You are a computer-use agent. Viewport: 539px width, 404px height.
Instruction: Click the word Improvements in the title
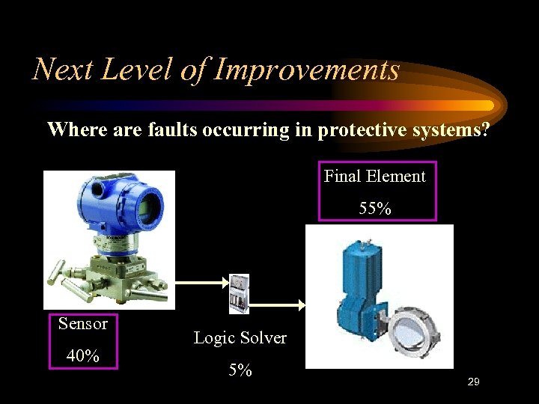[x=307, y=70]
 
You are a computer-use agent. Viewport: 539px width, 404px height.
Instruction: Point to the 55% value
[x=374, y=209]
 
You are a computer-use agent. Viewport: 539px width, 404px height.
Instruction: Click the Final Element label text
[x=374, y=177]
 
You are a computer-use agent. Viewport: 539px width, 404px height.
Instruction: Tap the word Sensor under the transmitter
[x=83, y=324]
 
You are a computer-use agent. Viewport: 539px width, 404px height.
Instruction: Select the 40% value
[x=83, y=356]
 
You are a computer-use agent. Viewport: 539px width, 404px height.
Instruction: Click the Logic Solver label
[x=240, y=338]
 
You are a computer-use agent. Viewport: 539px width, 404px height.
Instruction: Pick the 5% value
[x=240, y=370]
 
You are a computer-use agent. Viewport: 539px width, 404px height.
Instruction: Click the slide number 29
[x=472, y=382]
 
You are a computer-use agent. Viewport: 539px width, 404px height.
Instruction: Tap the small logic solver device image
[x=239, y=293]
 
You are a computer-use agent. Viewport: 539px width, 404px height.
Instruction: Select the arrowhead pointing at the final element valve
[x=301, y=305]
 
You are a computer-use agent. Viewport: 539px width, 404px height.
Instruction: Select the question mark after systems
[x=486, y=130]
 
